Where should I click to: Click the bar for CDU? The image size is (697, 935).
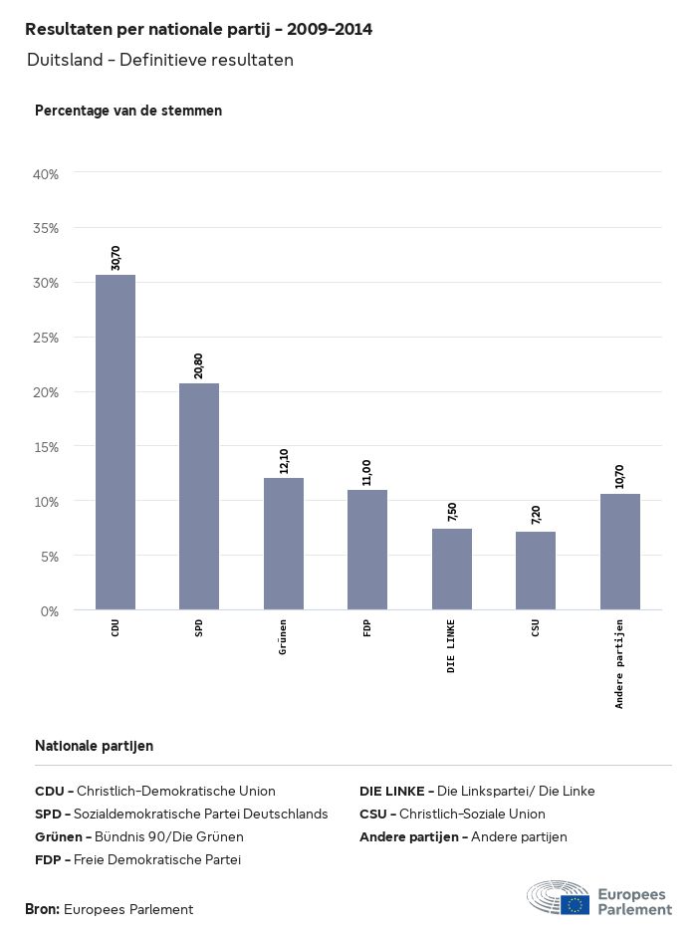pyautogui.click(x=116, y=442)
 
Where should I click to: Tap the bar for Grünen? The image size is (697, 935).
pyautogui.click(x=284, y=544)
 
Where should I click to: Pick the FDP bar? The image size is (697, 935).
pyautogui.click(x=367, y=550)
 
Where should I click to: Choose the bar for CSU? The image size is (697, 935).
pyautogui.click(x=536, y=571)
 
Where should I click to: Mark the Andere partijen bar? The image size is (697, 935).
pyautogui.click(x=620, y=552)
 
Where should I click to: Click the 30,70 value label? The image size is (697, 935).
pyautogui.click(x=116, y=258)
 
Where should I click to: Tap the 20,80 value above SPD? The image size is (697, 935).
pyautogui.click(x=199, y=366)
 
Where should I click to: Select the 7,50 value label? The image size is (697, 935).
pyautogui.click(x=452, y=513)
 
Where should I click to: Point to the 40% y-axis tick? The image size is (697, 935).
pyautogui.click(x=47, y=174)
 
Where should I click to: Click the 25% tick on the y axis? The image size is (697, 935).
pyautogui.click(x=47, y=338)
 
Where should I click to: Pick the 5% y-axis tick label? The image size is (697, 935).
pyautogui.click(x=50, y=556)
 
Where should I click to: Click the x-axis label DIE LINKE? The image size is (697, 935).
pyautogui.click(x=452, y=645)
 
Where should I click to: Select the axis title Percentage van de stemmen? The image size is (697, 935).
pyautogui.click(x=128, y=111)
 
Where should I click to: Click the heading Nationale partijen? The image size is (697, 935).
pyautogui.click(x=94, y=746)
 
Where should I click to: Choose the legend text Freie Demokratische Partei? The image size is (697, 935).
pyautogui.click(x=158, y=859)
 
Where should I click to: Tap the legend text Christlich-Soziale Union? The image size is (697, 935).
pyautogui.click(x=472, y=814)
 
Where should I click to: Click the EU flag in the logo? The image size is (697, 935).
pyautogui.click(x=575, y=904)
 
